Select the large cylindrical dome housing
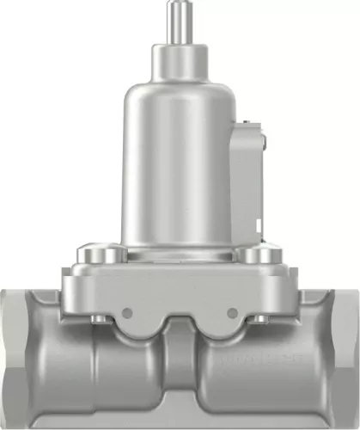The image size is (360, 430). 180,172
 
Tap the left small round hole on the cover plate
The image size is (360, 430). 126,311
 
